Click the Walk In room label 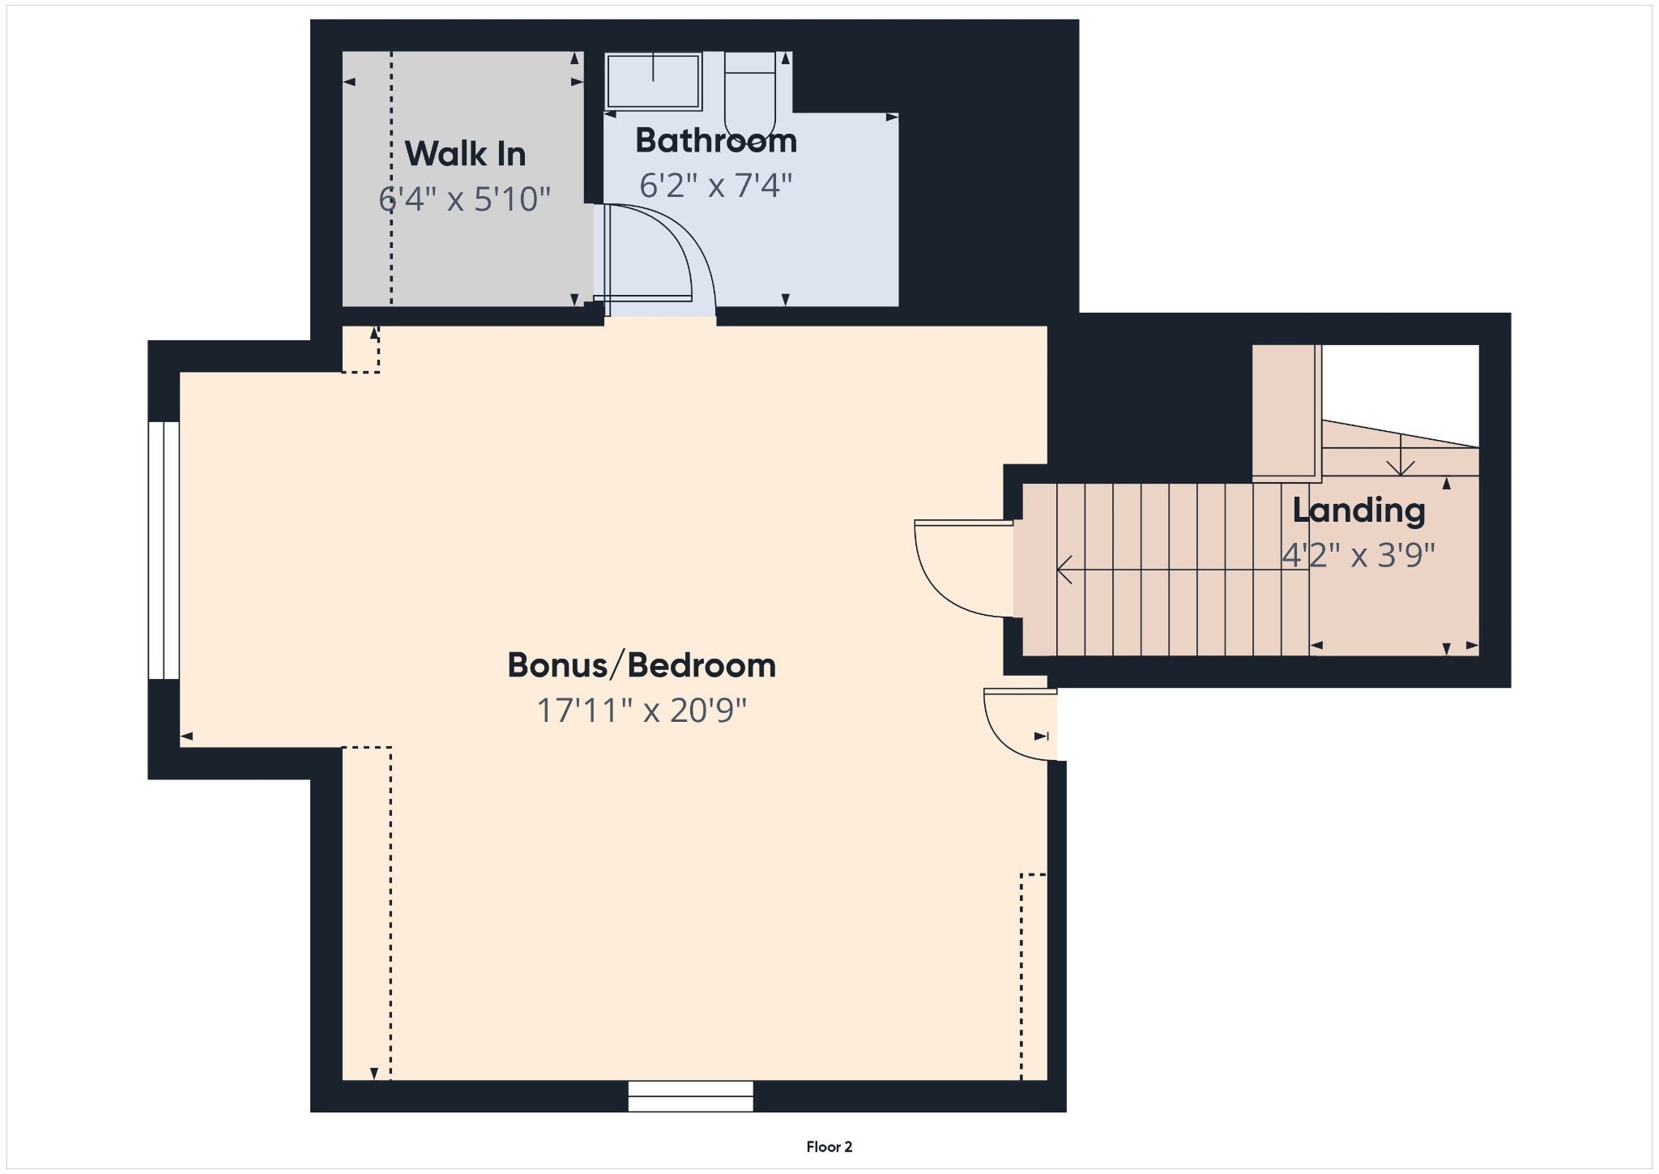tap(465, 154)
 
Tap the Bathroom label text tap(716, 141)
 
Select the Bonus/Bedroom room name tap(642, 665)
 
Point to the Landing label tap(1358, 510)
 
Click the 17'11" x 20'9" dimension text tap(642, 711)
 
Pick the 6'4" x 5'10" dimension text tap(465, 199)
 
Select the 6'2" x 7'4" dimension tap(716, 186)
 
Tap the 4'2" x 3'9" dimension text tap(1358, 556)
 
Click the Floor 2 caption tap(829, 1146)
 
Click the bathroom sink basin tap(653, 81)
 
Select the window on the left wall tap(164, 550)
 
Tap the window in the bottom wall tap(691, 1096)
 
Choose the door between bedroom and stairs tap(964, 570)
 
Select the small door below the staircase tap(1020, 724)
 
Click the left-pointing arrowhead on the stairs tap(1064, 570)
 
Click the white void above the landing tap(1401, 394)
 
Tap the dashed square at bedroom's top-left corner tap(360, 349)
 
